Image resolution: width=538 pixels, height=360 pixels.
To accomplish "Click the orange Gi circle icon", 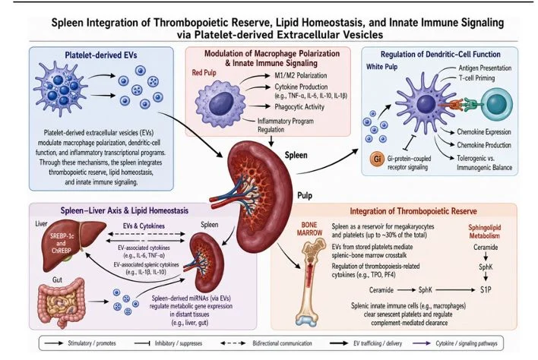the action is click(377, 159).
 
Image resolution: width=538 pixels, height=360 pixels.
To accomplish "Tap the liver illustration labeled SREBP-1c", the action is click(73, 245).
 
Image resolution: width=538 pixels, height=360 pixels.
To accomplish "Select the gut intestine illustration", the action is click(61, 302).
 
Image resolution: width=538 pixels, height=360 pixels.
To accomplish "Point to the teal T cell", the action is click(496, 105).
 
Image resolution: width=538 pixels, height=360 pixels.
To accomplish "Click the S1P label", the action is click(486, 289).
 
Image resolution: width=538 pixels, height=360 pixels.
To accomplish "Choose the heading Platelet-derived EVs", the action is click(101, 55).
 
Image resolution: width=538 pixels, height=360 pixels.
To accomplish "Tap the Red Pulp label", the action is click(204, 73).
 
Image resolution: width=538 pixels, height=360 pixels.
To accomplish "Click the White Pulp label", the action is click(381, 67).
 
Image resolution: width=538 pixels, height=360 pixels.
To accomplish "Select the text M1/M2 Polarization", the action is click(301, 75).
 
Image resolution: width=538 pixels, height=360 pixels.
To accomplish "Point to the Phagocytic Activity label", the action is click(299, 106).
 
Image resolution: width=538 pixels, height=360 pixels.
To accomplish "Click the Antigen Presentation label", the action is click(485, 68).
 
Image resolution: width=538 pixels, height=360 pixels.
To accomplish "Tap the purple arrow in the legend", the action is click(422, 343).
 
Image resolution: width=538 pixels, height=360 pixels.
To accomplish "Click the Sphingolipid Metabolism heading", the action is click(485, 232).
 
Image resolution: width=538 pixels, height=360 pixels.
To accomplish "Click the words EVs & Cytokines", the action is click(144, 226).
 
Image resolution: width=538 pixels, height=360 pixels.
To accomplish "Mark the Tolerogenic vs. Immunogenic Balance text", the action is click(484, 163).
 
